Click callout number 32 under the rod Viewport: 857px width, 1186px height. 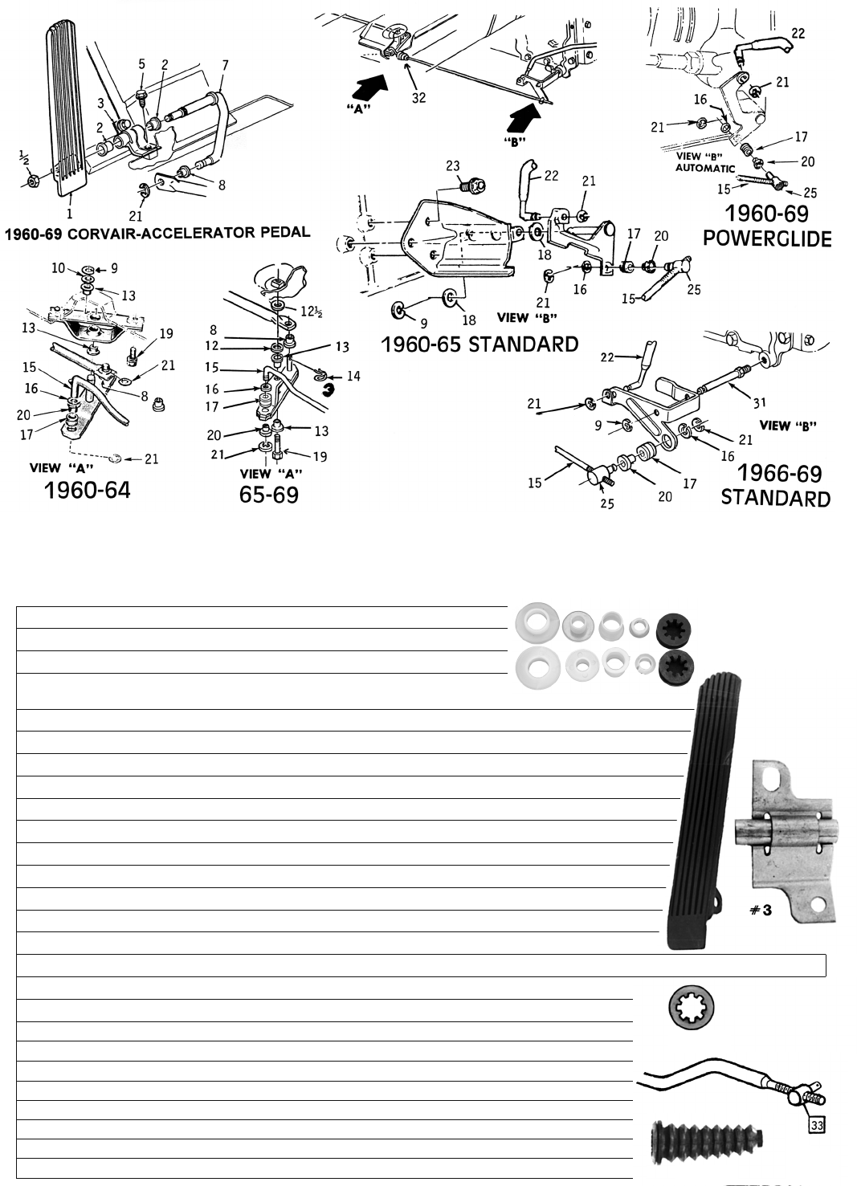coord(418,98)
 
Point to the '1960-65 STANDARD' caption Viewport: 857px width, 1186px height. coord(480,344)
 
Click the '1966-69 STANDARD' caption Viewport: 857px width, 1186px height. coord(776,486)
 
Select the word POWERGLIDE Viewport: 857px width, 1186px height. coord(767,238)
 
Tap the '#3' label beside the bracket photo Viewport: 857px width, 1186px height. coord(761,910)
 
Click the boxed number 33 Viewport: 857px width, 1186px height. coord(817,1125)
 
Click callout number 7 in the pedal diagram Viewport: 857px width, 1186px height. coord(226,65)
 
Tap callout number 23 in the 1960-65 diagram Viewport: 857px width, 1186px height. coord(453,166)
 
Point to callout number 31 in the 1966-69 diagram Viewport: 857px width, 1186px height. coord(760,403)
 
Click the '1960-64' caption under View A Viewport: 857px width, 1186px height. coord(88,491)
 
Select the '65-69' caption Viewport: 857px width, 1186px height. coord(268,495)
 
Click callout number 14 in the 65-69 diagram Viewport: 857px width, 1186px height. coord(353,377)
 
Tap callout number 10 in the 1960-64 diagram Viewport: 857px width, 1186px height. coord(58,268)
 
